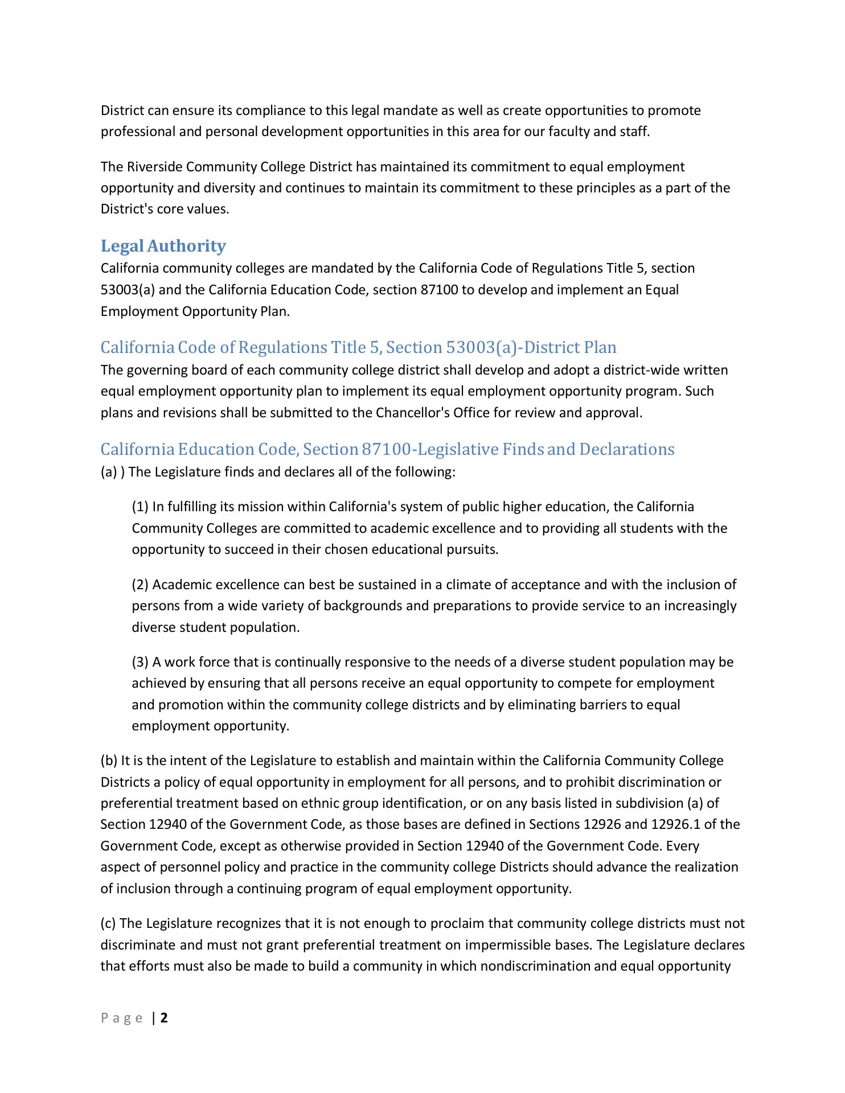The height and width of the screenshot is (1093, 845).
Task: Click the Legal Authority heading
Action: coord(163,246)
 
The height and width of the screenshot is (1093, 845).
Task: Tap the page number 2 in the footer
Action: coord(164,1018)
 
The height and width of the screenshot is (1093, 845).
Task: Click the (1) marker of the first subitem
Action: coord(140,507)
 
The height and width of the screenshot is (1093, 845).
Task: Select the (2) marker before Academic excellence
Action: coord(140,585)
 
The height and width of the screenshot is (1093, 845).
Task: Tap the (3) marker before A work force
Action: coord(140,662)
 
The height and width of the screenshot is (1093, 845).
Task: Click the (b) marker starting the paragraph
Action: coord(109,761)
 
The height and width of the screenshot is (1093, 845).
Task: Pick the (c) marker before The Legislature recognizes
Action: coord(109,923)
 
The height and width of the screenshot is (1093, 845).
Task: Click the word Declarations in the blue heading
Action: coord(627,450)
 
